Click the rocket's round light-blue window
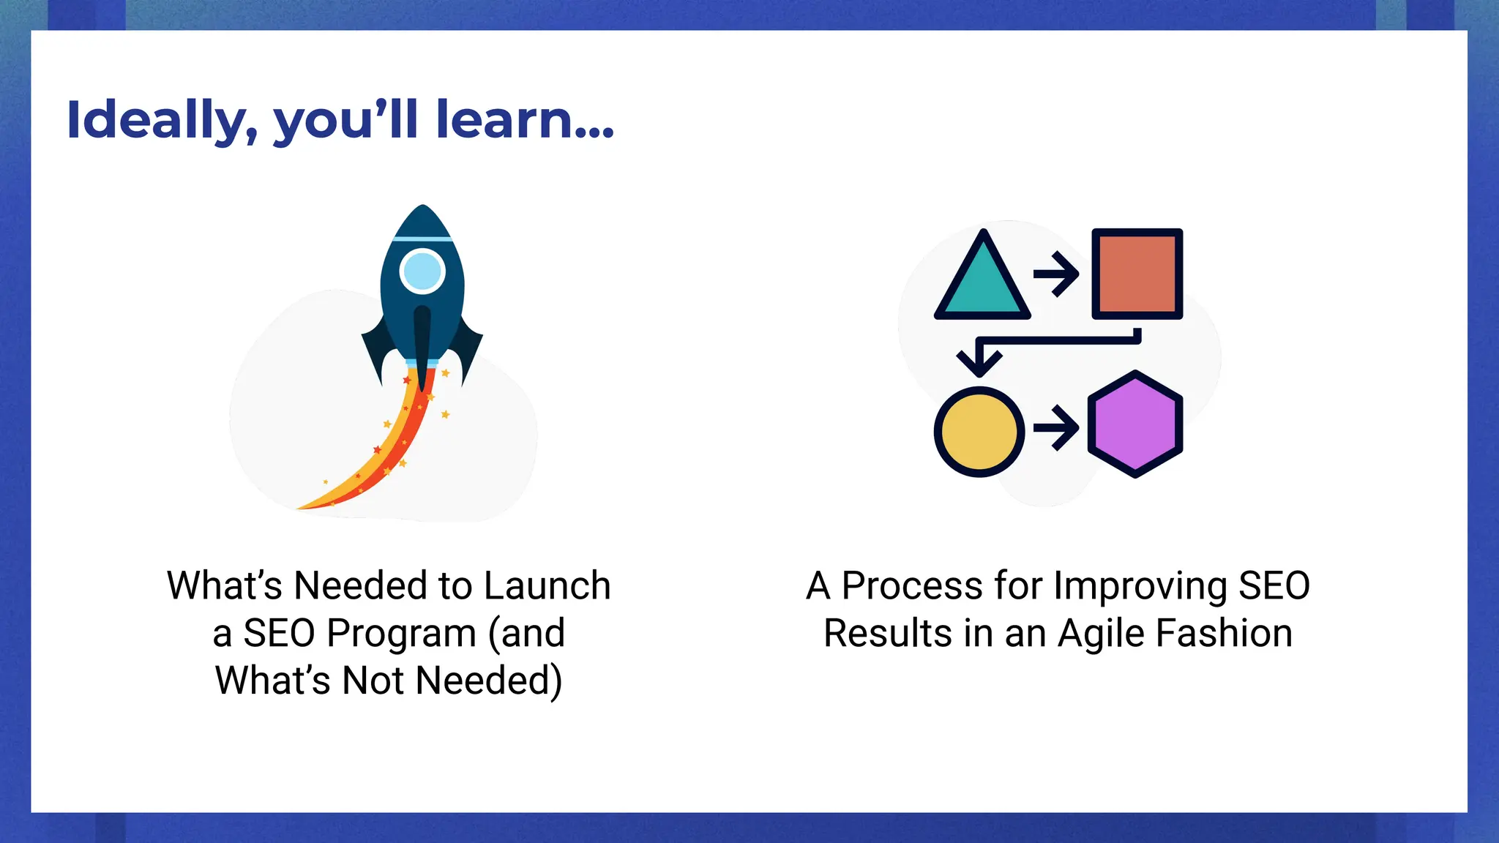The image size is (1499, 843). point(422,271)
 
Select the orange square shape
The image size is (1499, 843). point(1137,274)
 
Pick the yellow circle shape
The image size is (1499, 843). point(979,432)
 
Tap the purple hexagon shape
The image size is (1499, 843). point(1134,424)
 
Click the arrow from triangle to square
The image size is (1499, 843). point(1055,274)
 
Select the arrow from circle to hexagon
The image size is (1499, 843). point(1055,427)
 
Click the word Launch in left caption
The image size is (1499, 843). point(547,585)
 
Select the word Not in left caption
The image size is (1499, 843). point(373,680)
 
